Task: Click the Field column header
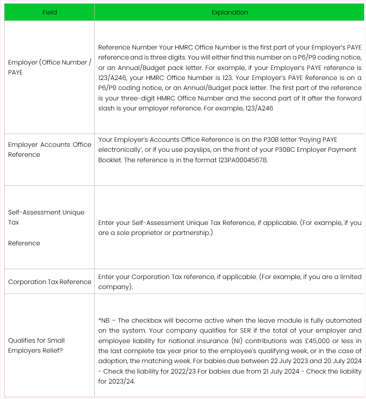click(x=50, y=12)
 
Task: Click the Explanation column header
click(x=230, y=12)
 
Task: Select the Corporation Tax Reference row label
click(x=50, y=282)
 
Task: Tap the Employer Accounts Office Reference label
click(x=50, y=150)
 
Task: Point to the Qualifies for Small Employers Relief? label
click(x=36, y=345)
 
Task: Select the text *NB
click(x=104, y=320)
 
